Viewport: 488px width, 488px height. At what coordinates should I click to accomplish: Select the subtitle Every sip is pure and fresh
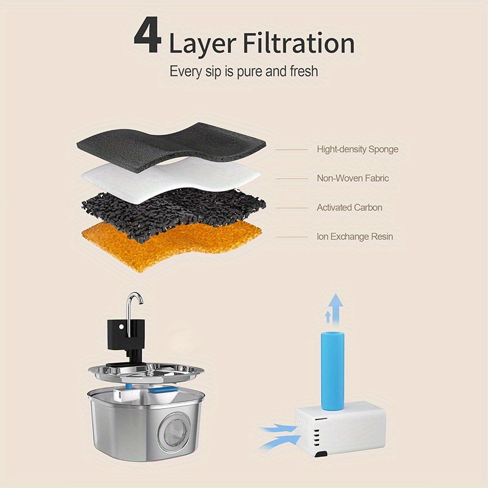(243, 71)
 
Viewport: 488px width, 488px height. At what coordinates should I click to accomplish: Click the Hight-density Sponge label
(357, 149)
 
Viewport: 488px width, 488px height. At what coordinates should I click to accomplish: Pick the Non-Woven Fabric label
(353, 178)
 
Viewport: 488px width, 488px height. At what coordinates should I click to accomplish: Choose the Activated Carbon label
(350, 207)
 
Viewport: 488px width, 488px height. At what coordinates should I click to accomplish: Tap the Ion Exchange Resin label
(354, 236)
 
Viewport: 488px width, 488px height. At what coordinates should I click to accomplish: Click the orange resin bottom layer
(171, 241)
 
